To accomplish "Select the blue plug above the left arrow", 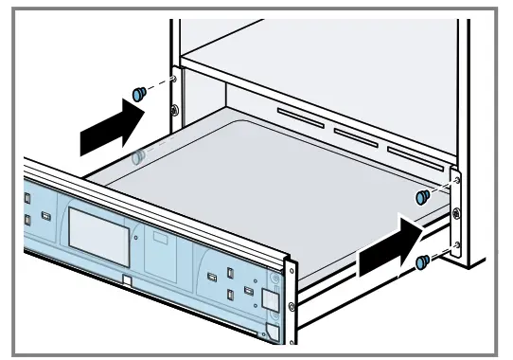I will [x=139, y=93].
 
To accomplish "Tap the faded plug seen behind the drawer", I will [x=139, y=155].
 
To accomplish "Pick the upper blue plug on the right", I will [x=422, y=196].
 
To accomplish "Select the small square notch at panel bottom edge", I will [x=128, y=280].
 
